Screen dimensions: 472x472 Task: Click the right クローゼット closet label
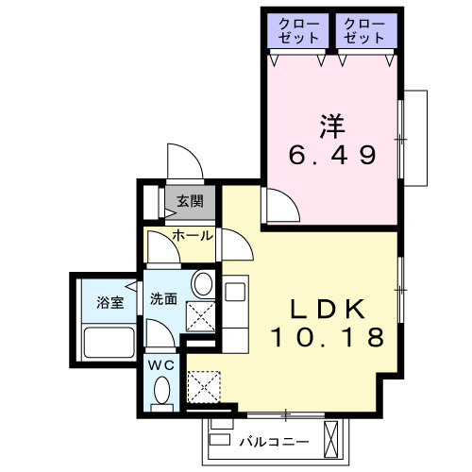coord(364,30)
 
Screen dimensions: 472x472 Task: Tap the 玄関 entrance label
coord(189,201)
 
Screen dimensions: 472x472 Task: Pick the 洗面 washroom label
coord(163,299)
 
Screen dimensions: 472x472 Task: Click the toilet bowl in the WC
coord(161,391)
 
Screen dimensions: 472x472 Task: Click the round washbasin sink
coord(200,284)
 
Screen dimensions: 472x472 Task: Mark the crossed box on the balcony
coord(331,437)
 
